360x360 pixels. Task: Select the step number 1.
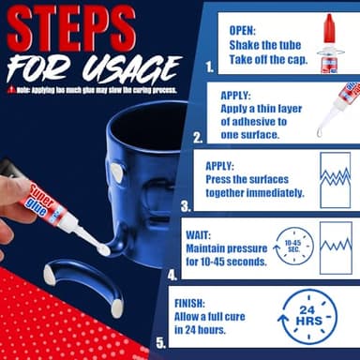pos(208,67)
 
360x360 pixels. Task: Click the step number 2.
pos(198,136)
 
